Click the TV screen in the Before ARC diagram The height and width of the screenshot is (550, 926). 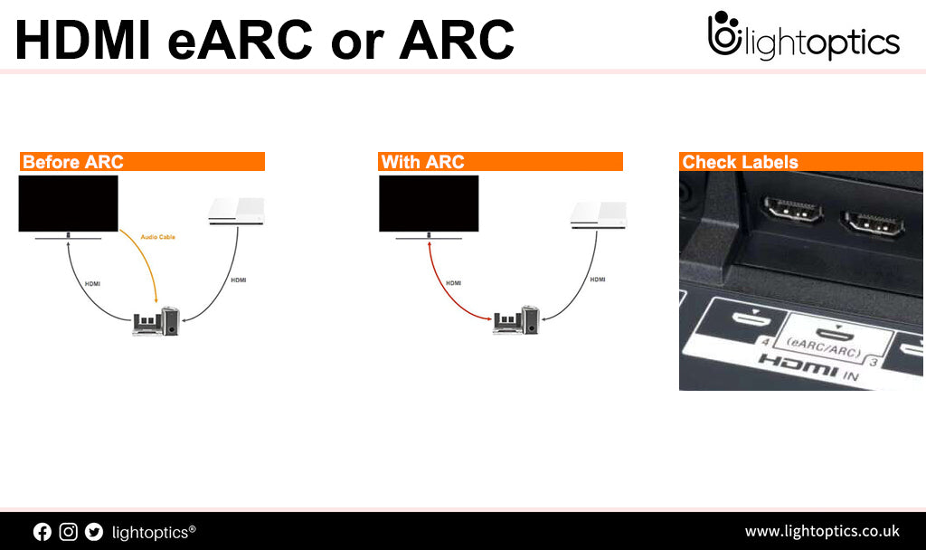[x=69, y=204]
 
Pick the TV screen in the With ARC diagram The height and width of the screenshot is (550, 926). [x=428, y=204]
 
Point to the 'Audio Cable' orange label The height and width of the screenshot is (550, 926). [x=158, y=237]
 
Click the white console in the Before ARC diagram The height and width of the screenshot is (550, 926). [x=236, y=211]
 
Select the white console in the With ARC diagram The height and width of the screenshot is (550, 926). [x=598, y=213]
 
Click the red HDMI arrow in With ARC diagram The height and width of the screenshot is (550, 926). [x=443, y=289]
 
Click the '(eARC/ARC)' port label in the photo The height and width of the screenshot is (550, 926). [x=824, y=344]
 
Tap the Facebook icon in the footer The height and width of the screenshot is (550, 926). [x=43, y=532]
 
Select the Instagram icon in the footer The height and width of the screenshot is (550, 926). [x=68, y=532]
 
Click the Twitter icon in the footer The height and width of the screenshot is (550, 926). [x=94, y=532]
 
